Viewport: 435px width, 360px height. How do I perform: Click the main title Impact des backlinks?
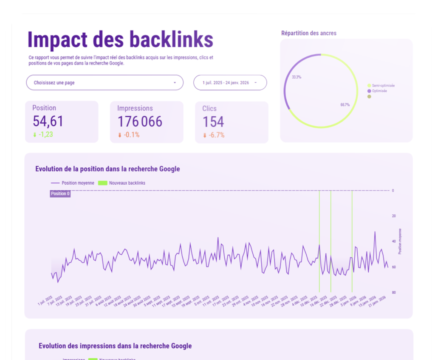click(x=120, y=40)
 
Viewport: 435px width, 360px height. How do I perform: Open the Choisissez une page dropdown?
click(x=105, y=83)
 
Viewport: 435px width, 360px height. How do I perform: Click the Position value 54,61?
click(x=48, y=121)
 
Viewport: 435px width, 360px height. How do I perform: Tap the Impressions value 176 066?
click(x=139, y=122)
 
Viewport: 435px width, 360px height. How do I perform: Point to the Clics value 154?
click(x=213, y=122)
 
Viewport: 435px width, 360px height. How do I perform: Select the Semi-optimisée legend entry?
click(x=383, y=86)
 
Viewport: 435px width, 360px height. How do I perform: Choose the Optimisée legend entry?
click(x=379, y=91)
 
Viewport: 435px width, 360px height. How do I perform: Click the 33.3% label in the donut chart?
click(x=297, y=77)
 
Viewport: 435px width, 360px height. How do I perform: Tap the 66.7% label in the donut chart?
click(x=345, y=105)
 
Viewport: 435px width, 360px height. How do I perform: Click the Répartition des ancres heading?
click(x=309, y=33)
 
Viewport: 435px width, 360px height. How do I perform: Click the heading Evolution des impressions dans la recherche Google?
click(x=115, y=346)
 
